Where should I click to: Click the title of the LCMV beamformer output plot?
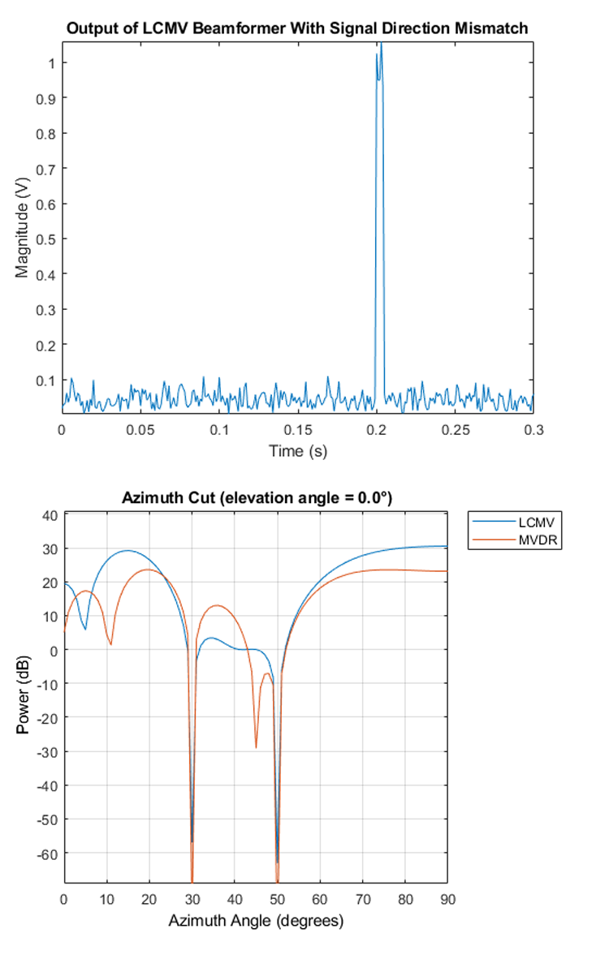tap(297, 28)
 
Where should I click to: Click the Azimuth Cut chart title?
tap(256, 498)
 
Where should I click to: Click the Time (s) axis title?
tap(298, 450)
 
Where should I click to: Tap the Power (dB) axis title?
tap(22, 697)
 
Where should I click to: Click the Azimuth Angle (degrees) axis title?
tap(256, 921)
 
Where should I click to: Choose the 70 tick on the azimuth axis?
tap(362, 899)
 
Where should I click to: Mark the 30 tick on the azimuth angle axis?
tap(192, 899)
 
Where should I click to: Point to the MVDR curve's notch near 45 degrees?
tap(256, 747)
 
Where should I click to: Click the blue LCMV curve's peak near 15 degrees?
tap(127, 550)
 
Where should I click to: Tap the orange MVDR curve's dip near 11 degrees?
tap(110, 644)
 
